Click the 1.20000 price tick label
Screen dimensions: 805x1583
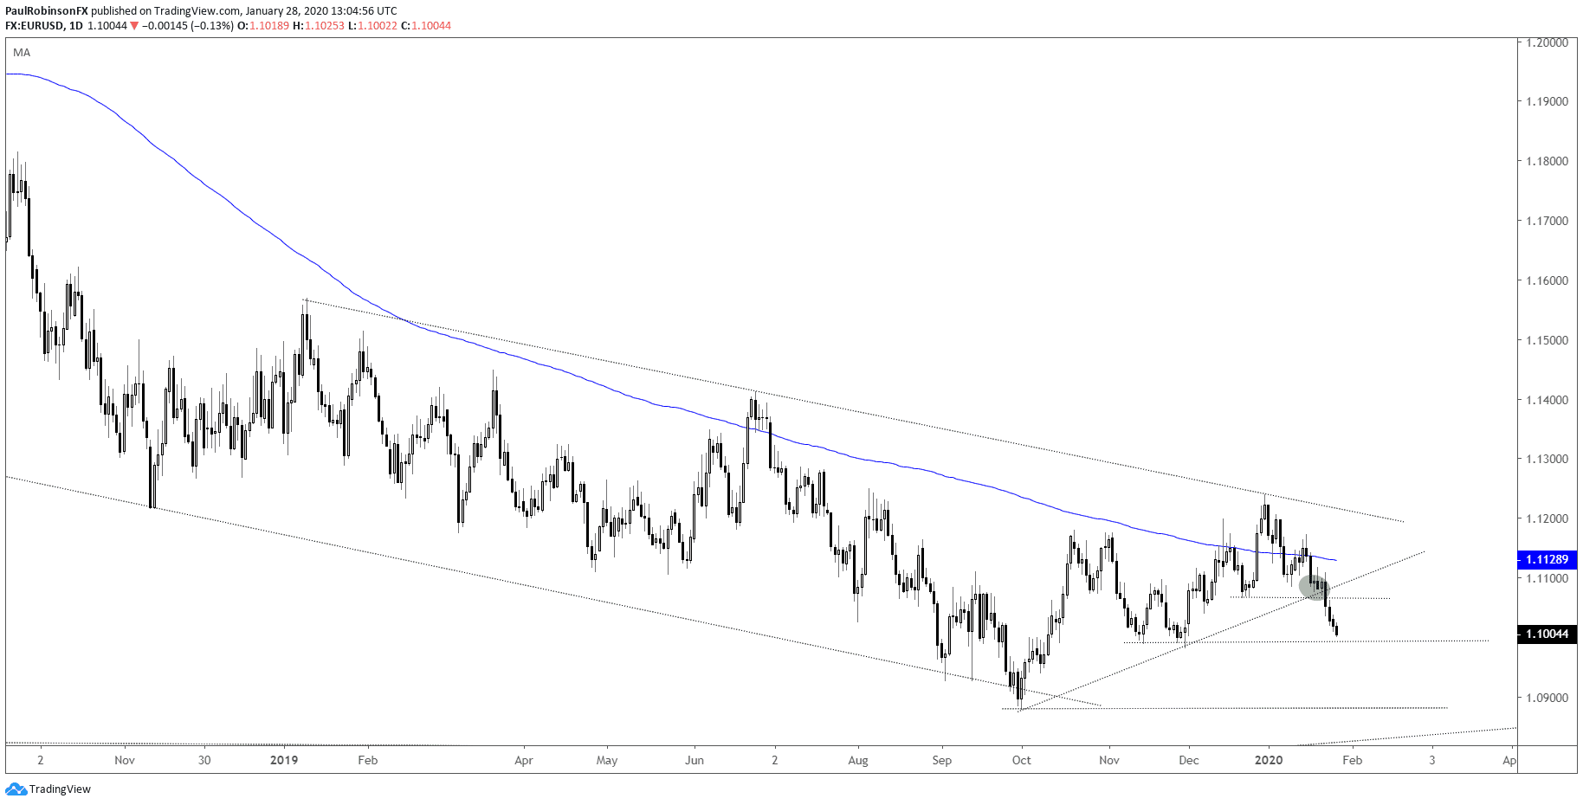click(x=1547, y=42)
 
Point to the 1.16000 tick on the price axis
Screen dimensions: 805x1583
click(x=1547, y=280)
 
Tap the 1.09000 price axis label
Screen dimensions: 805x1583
click(x=1547, y=698)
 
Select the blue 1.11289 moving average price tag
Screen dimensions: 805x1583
click(x=1547, y=560)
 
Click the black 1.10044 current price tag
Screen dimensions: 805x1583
click(x=1547, y=634)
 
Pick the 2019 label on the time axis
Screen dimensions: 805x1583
click(x=284, y=760)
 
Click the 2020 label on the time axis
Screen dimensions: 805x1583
click(x=1269, y=760)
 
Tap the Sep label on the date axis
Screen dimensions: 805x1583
click(x=941, y=760)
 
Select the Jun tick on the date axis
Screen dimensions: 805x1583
click(x=694, y=760)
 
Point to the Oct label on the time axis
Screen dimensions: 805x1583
click(x=1022, y=760)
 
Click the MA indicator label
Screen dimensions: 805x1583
click(x=22, y=53)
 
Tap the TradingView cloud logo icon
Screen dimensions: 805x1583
click(x=16, y=789)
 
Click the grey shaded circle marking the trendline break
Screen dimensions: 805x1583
click(x=1314, y=587)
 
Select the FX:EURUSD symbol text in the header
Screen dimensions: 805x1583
click(x=35, y=26)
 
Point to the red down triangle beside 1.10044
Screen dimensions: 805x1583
click(x=134, y=26)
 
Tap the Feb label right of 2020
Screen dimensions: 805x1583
click(x=1352, y=760)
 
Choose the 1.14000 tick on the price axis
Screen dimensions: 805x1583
click(x=1547, y=400)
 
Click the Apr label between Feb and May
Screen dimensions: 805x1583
click(x=523, y=760)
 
